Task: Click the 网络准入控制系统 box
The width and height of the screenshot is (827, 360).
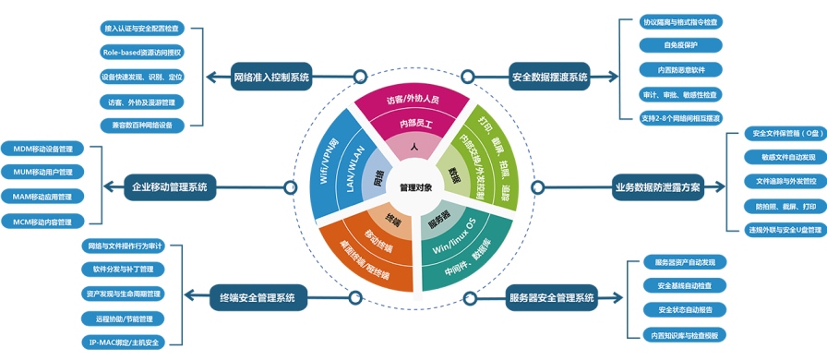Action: coord(271,78)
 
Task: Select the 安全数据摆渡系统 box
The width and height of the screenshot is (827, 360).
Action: coord(550,78)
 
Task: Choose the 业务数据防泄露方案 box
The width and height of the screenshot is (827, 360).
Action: coord(657,187)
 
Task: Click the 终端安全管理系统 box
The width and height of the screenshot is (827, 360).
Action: coord(258,297)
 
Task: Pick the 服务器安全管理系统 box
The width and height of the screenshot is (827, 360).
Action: coord(552,297)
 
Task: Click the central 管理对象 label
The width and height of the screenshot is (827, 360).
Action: coord(415,186)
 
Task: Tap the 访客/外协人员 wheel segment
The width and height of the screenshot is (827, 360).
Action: coord(413,100)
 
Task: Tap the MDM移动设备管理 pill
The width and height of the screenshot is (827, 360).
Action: coord(42,149)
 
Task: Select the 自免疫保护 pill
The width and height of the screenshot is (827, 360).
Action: coord(681,44)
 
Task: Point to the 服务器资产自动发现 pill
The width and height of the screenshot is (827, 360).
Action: coord(684,262)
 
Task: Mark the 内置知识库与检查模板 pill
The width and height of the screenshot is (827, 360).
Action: coord(684,334)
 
